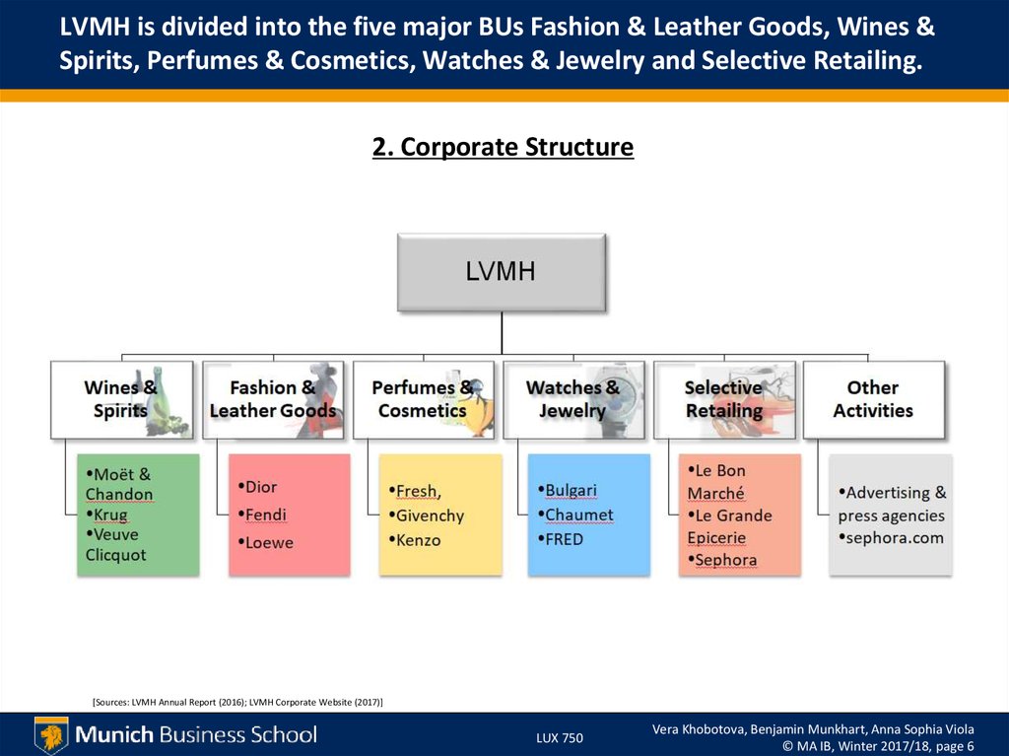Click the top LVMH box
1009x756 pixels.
tap(501, 272)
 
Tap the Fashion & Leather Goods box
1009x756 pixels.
tap(273, 399)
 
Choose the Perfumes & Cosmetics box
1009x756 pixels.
tap(423, 399)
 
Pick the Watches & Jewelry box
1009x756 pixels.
tap(572, 399)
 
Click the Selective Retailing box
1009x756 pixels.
tap(724, 399)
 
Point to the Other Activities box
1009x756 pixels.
tap(873, 399)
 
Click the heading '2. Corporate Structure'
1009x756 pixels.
tap(503, 148)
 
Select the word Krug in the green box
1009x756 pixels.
tap(110, 515)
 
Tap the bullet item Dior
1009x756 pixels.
tap(260, 487)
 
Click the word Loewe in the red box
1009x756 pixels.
tap(268, 542)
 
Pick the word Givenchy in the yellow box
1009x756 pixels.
tap(429, 515)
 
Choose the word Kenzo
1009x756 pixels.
tap(418, 540)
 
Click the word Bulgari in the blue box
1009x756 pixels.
tap(571, 490)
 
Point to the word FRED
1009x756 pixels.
tap(564, 539)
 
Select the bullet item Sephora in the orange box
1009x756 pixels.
tap(725, 560)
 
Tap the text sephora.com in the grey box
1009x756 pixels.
tap(895, 537)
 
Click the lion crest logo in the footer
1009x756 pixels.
tap(51, 734)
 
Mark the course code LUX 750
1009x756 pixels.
tap(560, 737)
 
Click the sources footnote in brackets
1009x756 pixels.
tap(237, 701)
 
